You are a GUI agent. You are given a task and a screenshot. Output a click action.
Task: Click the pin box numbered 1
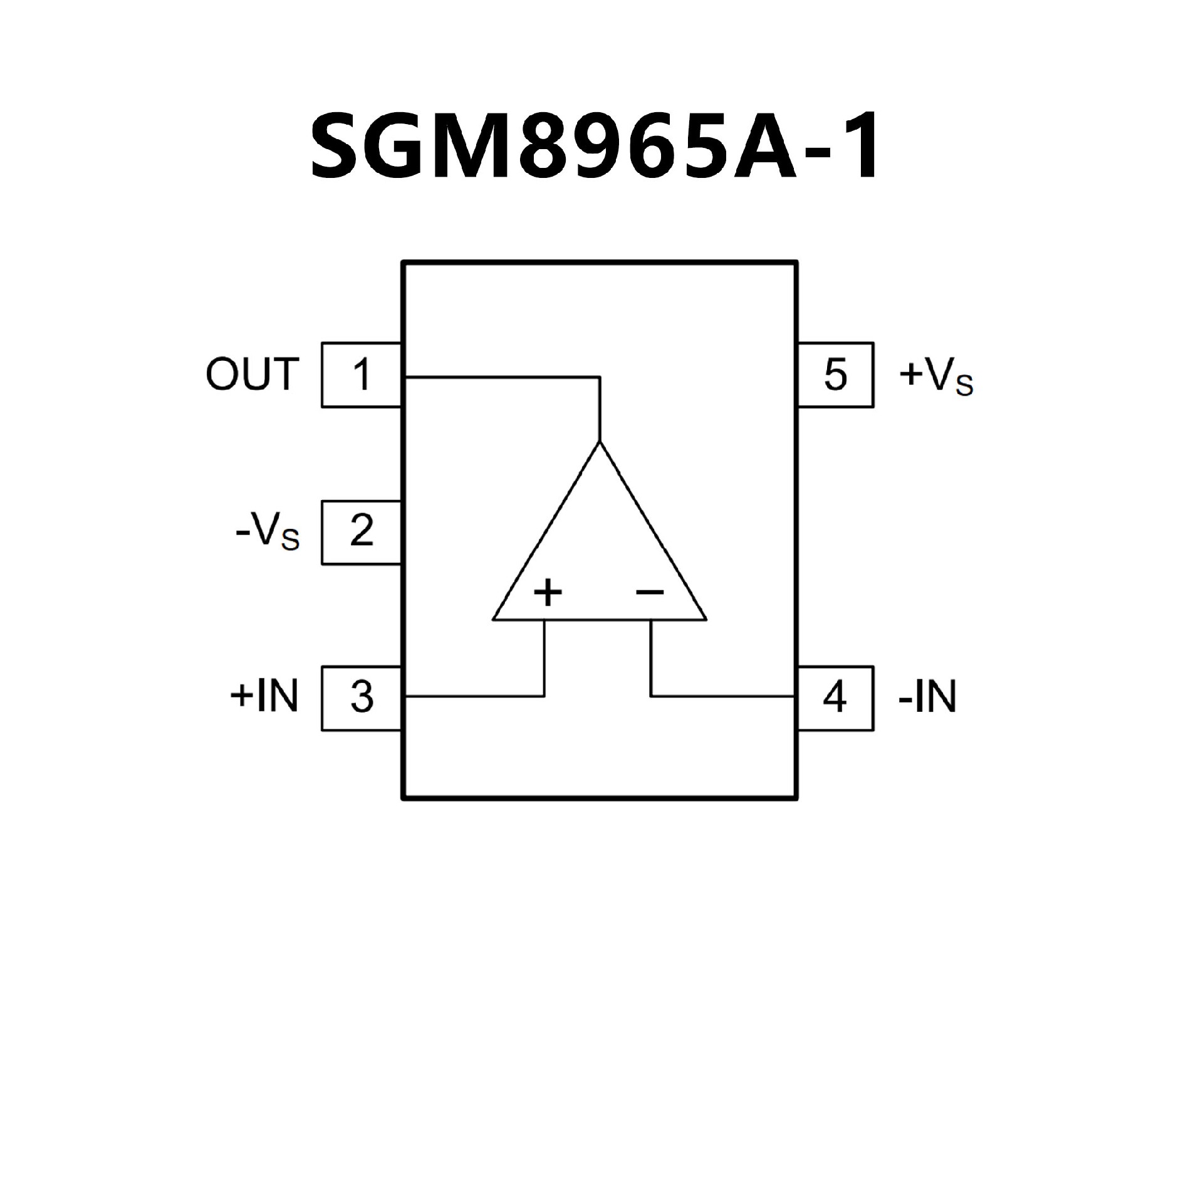(x=362, y=375)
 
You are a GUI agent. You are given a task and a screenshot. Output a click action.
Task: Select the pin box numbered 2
(x=362, y=533)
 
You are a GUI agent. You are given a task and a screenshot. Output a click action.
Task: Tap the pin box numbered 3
(x=362, y=698)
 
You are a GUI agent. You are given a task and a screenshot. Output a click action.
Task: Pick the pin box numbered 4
(x=835, y=698)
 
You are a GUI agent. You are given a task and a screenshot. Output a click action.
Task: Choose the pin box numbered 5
(x=835, y=375)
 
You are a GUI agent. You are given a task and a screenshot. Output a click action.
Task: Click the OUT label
(x=251, y=375)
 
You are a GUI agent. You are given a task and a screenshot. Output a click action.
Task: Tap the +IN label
(x=264, y=697)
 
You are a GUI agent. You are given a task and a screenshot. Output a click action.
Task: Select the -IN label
(x=927, y=697)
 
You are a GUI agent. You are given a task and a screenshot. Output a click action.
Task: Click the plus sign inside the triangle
(x=548, y=591)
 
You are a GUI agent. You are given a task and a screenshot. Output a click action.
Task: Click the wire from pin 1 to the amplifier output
(x=501, y=377)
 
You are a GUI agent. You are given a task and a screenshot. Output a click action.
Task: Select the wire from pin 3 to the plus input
(x=476, y=695)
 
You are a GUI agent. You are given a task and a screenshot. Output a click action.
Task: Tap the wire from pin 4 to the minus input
(x=721, y=695)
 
